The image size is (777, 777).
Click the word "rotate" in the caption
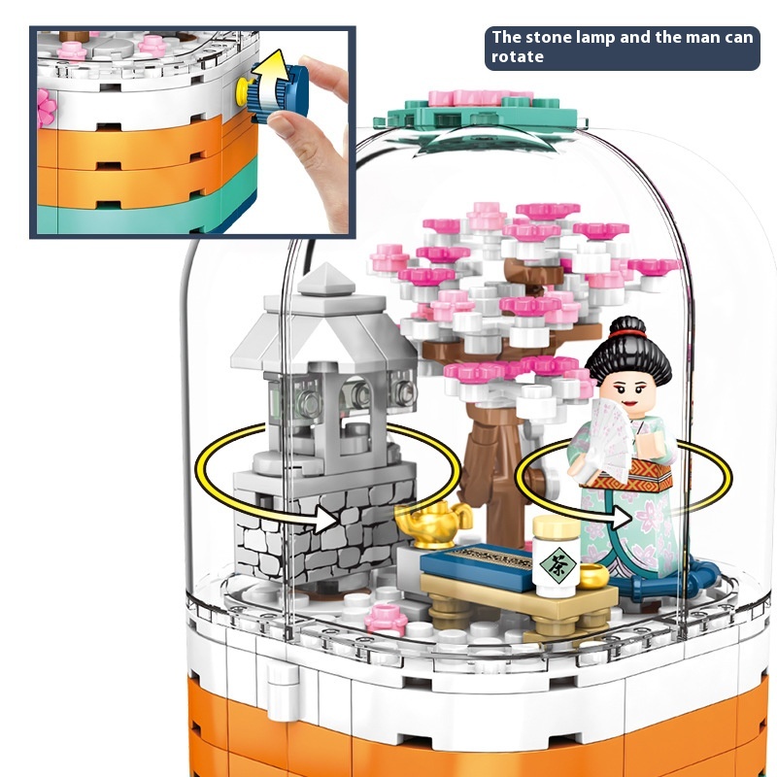(518, 57)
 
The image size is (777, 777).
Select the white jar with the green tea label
(556, 556)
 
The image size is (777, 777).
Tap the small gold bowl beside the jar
(593, 576)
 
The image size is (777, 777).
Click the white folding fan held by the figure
(610, 440)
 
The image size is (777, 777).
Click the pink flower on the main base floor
(386, 619)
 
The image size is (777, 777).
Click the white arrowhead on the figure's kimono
(621, 518)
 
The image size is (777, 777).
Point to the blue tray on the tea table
(475, 566)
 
